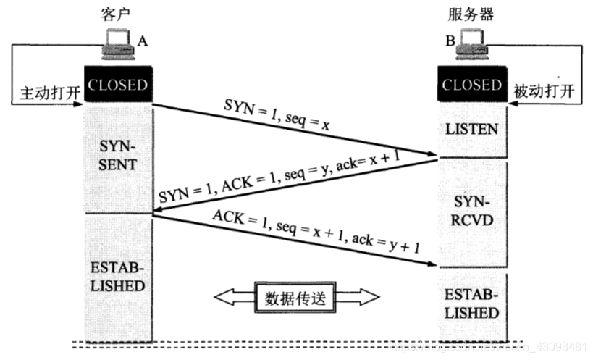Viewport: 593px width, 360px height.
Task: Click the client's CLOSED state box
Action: coord(117,85)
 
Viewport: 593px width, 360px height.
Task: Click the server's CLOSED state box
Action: coord(471,85)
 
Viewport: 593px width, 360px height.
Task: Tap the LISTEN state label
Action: coord(471,129)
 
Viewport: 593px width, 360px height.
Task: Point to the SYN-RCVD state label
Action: coord(471,208)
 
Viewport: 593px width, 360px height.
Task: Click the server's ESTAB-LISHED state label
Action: coord(471,304)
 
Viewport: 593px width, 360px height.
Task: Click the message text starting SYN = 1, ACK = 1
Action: coord(282,177)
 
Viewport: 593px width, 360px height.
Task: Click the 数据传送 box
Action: coord(296,296)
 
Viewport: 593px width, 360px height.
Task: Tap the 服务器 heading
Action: coord(474,15)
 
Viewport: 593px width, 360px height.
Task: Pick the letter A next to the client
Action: coord(143,42)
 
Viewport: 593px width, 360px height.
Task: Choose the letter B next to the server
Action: coord(450,42)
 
